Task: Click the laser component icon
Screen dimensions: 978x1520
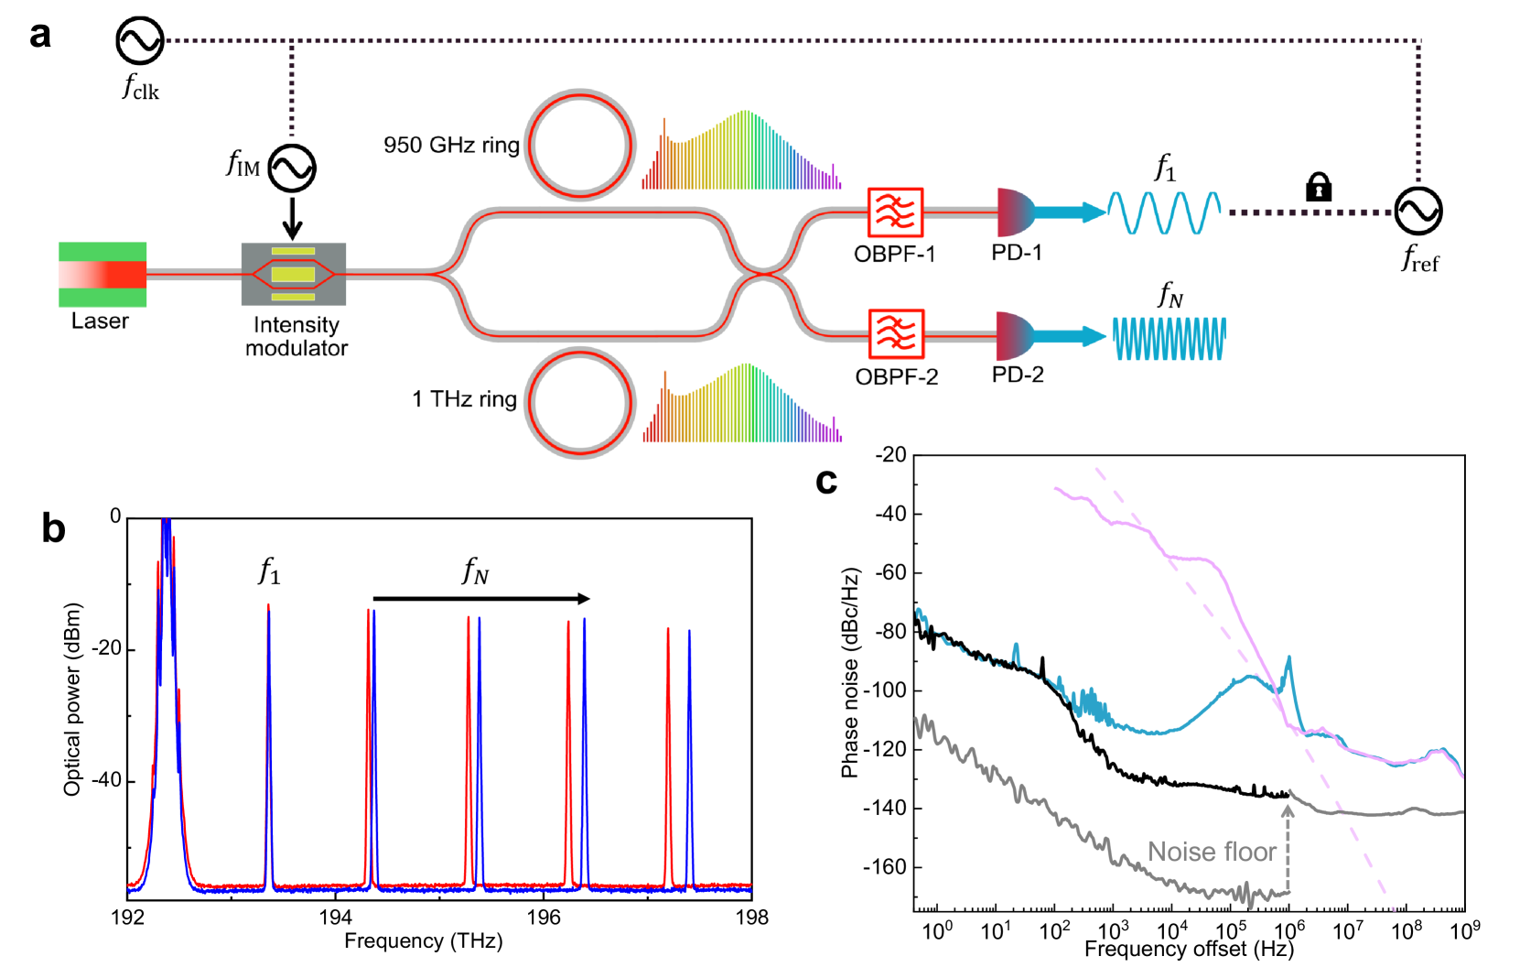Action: click(x=102, y=274)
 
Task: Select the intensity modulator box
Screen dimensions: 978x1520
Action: click(x=293, y=274)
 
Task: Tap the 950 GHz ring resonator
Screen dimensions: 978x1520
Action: click(x=579, y=145)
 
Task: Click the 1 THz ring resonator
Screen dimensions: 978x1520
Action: click(x=579, y=402)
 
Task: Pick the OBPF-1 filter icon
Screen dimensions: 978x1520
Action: click(x=895, y=212)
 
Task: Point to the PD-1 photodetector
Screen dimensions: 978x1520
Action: click(x=1015, y=212)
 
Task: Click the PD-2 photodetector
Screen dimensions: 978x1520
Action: click(x=1015, y=336)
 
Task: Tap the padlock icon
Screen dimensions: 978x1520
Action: click(x=1318, y=187)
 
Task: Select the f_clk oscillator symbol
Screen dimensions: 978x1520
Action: click(x=139, y=40)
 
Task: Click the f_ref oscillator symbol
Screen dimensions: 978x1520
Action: click(x=1418, y=211)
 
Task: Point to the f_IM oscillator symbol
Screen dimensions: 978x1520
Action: click(x=292, y=168)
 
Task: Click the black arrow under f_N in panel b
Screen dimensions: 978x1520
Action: click(x=481, y=599)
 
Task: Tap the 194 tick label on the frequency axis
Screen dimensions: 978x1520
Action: click(x=335, y=918)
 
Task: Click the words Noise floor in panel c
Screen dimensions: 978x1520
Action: click(x=1212, y=852)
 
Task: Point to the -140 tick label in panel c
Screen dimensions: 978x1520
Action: click(x=884, y=808)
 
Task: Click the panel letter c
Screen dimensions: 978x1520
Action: click(x=826, y=482)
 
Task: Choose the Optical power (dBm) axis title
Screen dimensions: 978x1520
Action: click(x=73, y=699)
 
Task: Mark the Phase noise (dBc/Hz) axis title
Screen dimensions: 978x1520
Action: click(x=850, y=673)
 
